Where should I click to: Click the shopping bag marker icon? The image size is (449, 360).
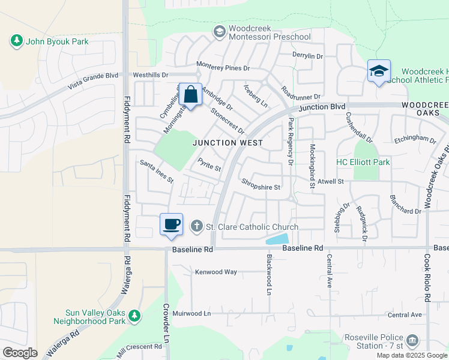[190, 94]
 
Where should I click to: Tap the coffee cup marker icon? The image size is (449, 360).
[171, 224]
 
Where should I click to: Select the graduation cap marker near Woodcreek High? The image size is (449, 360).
[379, 71]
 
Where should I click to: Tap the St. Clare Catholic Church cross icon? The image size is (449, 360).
[196, 226]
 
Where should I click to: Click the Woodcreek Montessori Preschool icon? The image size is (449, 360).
[219, 30]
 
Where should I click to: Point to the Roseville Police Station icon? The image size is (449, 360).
[412, 341]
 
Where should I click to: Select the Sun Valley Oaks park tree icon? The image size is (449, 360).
[134, 315]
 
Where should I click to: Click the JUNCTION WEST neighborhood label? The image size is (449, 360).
[228, 143]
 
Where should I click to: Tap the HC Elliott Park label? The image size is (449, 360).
[363, 162]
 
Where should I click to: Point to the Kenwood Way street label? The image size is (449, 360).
[215, 272]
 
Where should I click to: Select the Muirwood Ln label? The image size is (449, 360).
[192, 313]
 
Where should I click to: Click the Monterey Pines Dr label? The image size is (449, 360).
[223, 68]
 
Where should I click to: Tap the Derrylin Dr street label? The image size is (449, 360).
[307, 56]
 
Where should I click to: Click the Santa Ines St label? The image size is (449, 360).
[156, 171]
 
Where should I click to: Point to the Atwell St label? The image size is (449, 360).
[330, 181]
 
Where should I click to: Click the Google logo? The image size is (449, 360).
[20, 353]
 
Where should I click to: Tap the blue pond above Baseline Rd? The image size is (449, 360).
[276, 239]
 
